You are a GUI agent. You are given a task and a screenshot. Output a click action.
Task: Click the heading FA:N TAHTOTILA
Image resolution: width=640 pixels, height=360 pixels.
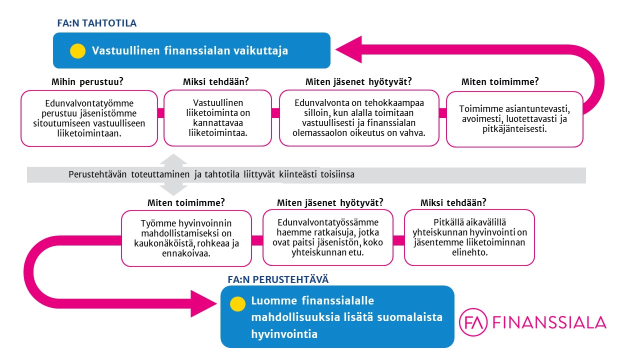coord(97,23)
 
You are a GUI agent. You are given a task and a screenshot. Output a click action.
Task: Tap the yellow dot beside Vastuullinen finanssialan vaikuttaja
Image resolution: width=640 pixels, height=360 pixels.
coord(77,51)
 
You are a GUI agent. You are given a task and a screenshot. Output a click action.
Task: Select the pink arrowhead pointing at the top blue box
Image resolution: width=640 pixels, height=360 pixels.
coord(349,49)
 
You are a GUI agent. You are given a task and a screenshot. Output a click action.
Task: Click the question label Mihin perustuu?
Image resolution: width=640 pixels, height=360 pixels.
coord(87,81)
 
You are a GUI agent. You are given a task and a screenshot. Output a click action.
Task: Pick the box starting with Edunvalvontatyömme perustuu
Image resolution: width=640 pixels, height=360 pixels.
coord(89,118)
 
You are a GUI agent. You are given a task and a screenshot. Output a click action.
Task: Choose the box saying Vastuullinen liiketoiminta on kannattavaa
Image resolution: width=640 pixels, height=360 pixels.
coord(217,118)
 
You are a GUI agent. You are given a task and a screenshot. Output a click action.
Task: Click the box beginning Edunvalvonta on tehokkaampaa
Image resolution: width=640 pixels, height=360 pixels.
coord(359,118)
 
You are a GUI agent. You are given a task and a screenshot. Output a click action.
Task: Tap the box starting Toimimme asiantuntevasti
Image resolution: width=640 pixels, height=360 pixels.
coord(514,119)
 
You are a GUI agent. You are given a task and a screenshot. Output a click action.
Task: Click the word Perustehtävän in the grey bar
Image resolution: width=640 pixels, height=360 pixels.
coord(97,174)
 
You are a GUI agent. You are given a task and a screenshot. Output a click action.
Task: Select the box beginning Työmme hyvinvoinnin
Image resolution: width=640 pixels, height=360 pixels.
coord(186,238)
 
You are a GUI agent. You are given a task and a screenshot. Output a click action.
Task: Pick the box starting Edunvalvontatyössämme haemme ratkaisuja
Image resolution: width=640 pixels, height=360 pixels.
coord(327,237)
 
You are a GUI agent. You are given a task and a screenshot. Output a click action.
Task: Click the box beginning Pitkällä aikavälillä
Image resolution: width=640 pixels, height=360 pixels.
coord(469,237)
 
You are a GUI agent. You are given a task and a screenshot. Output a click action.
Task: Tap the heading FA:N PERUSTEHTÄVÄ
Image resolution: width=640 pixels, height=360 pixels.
coord(278,279)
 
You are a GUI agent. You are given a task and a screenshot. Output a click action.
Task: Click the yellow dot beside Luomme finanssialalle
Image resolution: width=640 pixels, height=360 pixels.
coord(237,303)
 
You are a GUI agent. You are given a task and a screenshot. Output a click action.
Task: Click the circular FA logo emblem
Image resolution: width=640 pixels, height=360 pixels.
coord(473,322)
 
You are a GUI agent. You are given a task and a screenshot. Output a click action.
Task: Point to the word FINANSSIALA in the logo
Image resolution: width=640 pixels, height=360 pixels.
coord(549,322)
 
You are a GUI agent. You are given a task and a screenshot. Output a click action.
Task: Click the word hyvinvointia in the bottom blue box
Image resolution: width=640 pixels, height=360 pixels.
coord(284,334)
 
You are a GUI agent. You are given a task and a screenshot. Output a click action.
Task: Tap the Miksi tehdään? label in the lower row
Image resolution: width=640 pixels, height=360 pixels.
coord(453,202)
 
